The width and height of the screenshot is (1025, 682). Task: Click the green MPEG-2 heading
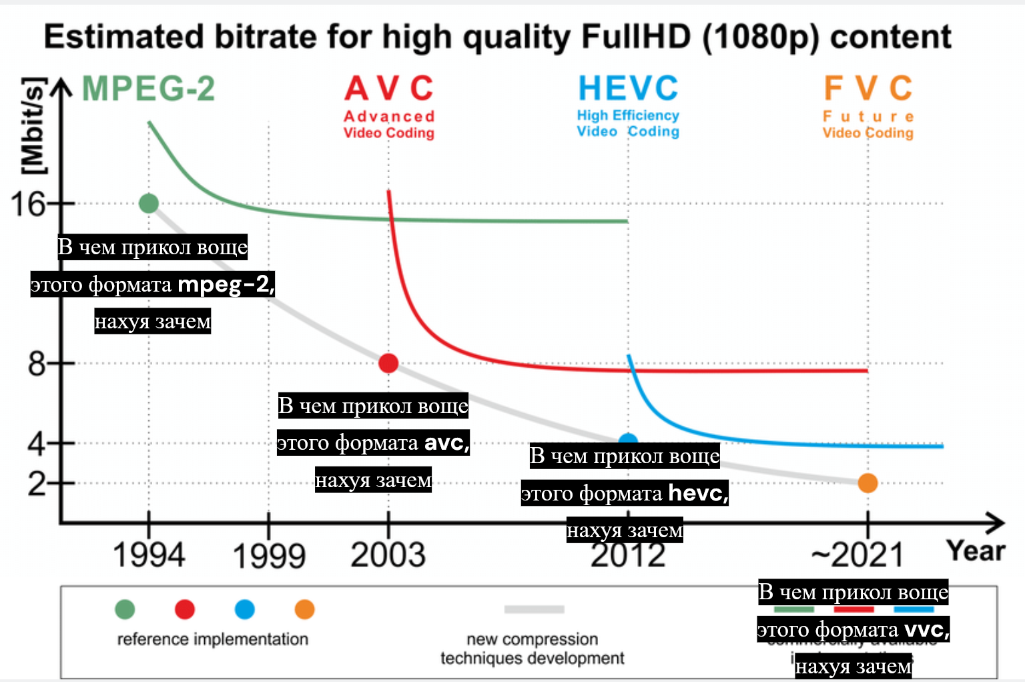(148, 89)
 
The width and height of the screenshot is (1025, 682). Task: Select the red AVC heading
(389, 89)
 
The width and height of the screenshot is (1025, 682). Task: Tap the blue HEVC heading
(628, 89)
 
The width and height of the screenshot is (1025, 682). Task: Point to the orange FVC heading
(868, 89)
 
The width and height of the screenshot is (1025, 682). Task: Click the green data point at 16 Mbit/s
(149, 204)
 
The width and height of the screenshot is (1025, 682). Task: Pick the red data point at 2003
(388, 363)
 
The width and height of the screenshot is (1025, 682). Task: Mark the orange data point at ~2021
(868, 482)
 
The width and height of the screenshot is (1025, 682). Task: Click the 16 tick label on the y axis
(28, 204)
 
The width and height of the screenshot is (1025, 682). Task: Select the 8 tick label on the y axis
(37, 364)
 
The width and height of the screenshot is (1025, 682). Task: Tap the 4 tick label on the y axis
(37, 443)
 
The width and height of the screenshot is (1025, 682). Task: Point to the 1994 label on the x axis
(149, 555)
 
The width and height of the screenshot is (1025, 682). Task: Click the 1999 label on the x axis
(269, 555)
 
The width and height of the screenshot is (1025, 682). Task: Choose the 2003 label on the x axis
(388, 555)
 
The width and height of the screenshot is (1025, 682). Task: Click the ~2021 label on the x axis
(858, 555)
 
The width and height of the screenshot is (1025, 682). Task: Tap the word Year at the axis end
(976, 551)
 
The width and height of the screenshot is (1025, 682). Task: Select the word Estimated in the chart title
(123, 37)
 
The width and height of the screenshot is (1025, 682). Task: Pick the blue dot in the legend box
(245, 609)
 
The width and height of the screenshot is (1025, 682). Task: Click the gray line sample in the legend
(534, 609)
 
